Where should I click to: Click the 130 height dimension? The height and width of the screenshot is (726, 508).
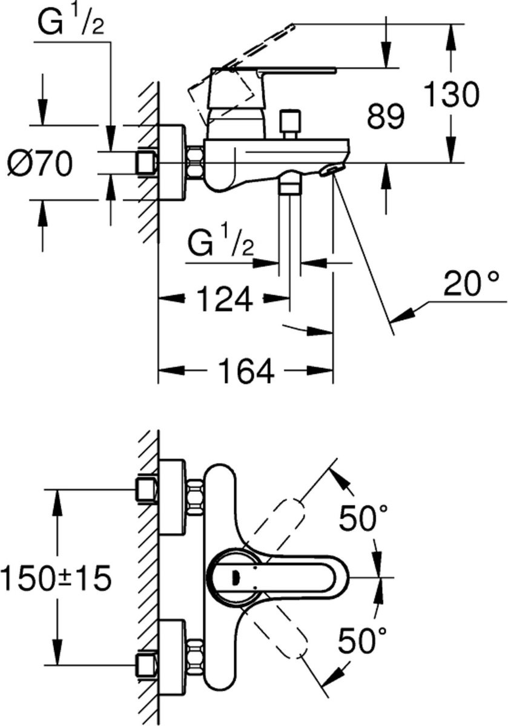[451, 94]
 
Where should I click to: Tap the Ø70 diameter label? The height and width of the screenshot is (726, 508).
[39, 164]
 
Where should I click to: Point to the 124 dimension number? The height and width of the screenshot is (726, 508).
[225, 298]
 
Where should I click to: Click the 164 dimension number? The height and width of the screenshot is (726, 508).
[246, 370]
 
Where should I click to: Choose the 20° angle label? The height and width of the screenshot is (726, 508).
[470, 284]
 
